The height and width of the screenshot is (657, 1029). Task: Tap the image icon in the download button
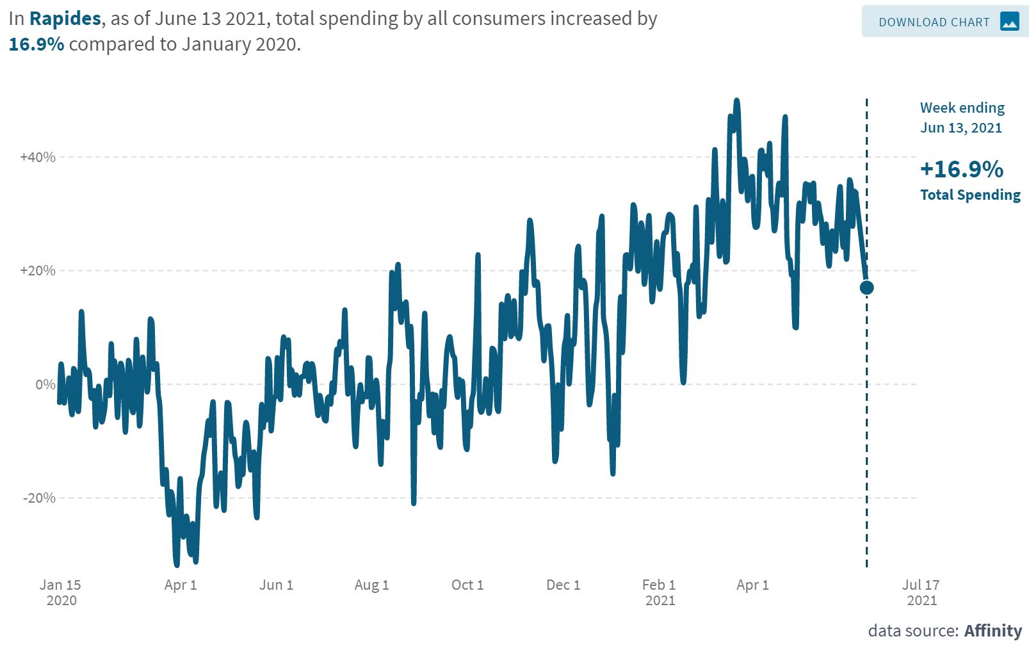pyautogui.click(x=1009, y=22)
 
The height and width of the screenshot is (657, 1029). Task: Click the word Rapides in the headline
pyautogui.click(x=65, y=19)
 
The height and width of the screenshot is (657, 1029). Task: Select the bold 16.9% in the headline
pyautogui.click(x=36, y=44)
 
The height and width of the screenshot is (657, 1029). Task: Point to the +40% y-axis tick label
pyautogui.click(x=38, y=157)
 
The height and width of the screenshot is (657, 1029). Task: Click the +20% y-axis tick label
pyautogui.click(x=38, y=270)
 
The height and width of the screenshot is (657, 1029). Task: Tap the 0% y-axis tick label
pyautogui.click(x=45, y=384)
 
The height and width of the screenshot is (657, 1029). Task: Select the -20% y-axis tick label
pyautogui.click(x=39, y=498)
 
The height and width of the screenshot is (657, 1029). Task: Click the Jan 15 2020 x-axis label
pyautogui.click(x=61, y=592)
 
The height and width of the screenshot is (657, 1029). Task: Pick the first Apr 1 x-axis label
pyautogui.click(x=181, y=585)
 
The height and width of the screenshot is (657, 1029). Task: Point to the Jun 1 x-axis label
pyautogui.click(x=276, y=585)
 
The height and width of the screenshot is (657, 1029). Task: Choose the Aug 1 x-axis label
pyautogui.click(x=371, y=585)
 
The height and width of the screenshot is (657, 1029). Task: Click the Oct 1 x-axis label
pyautogui.click(x=467, y=585)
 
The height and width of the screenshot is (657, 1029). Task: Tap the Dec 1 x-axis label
pyautogui.click(x=563, y=585)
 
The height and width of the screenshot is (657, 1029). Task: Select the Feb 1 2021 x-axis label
pyautogui.click(x=660, y=592)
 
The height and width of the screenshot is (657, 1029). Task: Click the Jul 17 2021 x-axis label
pyautogui.click(x=921, y=592)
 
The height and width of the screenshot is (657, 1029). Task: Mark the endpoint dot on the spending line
pyautogui.click(x=866, y=288)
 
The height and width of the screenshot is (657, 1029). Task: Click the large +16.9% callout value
pyautogui.click(x=961, y=169)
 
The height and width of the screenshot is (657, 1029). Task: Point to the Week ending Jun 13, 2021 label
pyautogui.click(x=962, y=117)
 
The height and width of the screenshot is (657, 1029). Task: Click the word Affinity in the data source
pyautogui.click(x=993, y=631)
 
